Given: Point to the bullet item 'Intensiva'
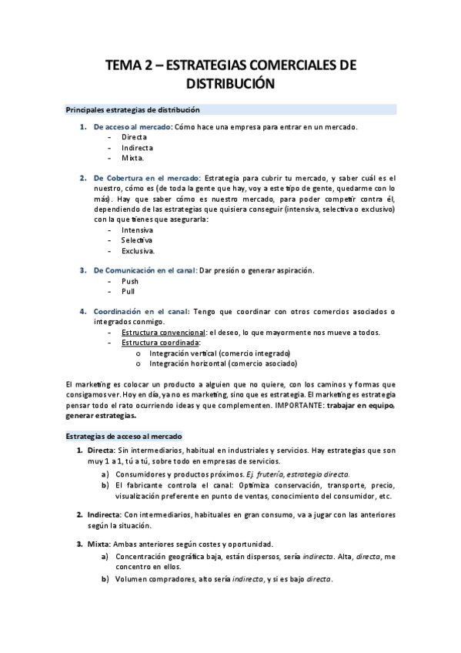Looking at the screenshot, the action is coord(137,229).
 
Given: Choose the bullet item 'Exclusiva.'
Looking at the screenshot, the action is coord(139,250).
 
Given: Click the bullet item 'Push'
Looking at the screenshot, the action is coord(130,281).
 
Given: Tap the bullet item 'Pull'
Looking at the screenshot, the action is coord(129,292).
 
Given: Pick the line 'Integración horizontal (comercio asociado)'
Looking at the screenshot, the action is coord(223,363).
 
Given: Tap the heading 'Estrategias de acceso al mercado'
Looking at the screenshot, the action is coord(124,435).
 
